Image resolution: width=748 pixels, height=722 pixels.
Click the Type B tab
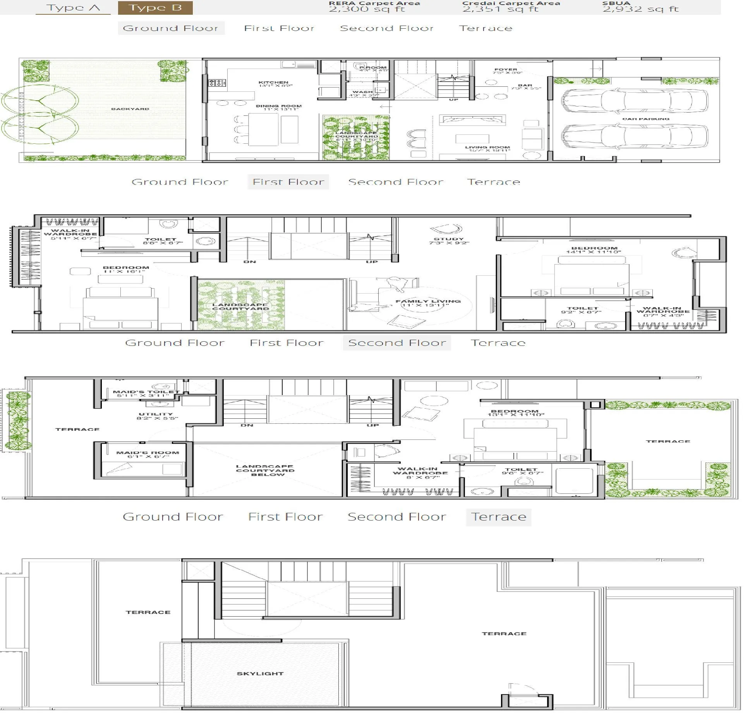coord(155,8)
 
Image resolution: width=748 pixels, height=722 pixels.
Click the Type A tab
coord(73,8)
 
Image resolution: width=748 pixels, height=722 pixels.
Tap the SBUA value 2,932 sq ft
coord(640,9)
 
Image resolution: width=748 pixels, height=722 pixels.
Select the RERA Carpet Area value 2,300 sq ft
coord(367,9)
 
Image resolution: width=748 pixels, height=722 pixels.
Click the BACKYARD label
coord(130,109)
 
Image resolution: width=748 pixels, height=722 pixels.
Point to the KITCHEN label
coord(273,83)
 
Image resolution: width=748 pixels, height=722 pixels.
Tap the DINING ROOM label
coord(278,106)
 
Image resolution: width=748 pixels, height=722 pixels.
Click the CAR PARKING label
coord(645,119)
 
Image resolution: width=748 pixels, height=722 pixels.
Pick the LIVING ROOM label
coord(487,148)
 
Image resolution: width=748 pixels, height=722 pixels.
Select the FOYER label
coord(505,70)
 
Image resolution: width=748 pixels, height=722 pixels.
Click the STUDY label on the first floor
coord(448,239)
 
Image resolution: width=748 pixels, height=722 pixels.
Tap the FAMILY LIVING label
coord(428,301)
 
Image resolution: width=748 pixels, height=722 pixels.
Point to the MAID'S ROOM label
coord(148,452)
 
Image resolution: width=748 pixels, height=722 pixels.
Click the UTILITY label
coord(156,414)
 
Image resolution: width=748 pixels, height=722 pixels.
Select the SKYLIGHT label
coord(260,674)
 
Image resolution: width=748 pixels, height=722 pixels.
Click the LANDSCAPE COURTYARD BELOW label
coord(265,470)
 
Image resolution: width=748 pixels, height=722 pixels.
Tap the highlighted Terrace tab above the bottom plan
coord(498,517)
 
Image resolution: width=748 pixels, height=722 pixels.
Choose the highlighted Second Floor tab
coord(397,343)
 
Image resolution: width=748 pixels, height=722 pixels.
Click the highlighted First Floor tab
coord(288,182)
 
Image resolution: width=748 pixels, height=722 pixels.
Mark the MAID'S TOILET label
coord(146,392)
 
